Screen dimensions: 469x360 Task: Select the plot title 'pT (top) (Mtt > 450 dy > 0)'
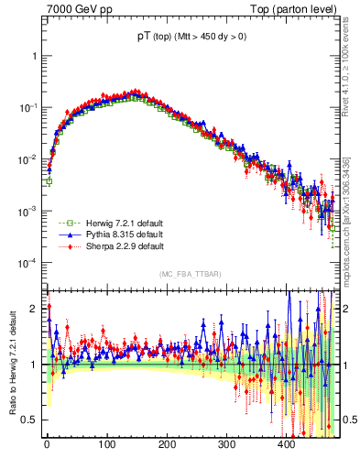pos(191,38)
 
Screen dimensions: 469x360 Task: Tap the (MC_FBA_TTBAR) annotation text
pos(191,275)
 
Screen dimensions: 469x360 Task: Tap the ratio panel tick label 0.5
pos(31,420)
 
